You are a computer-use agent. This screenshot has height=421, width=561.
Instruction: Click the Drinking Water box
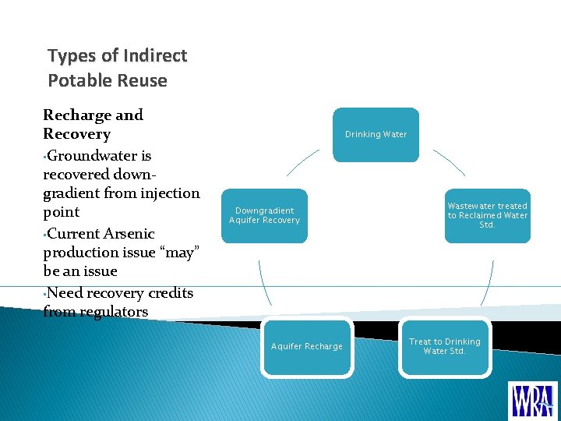pos(376,134)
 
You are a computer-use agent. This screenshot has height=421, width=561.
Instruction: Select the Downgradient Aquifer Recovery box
pos(265,215)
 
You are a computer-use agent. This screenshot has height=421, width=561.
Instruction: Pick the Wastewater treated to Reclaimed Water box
pos(487,215)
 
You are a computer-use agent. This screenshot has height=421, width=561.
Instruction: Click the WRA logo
pos(533,399)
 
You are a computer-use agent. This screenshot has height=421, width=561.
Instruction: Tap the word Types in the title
pos(72,55)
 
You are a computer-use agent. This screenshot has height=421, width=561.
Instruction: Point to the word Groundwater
pos(98,155)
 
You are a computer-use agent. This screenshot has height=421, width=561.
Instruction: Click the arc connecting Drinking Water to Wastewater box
pos(450,162)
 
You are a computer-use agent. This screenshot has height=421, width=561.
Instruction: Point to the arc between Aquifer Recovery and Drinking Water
pos(302,162)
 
